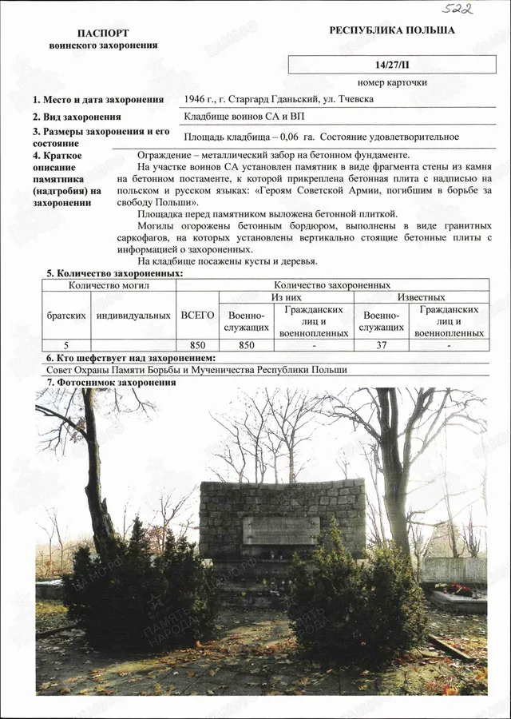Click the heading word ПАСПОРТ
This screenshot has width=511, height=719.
coord(103,34)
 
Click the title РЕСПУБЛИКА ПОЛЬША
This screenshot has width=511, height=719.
coord(391,30)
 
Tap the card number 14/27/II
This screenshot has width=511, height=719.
coord(391,64)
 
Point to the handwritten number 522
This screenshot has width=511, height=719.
coord(459,9)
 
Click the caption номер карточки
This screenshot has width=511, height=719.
coord(392,82)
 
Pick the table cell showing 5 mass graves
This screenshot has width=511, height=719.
coord(66,345)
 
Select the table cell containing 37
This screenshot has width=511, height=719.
coord(381,345)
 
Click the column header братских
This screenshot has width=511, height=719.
coord(66,315)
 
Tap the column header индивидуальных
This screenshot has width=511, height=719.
coord(133,315)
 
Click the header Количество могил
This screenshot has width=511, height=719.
coord(109,284)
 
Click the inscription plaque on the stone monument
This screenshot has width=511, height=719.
coord(281,530)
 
